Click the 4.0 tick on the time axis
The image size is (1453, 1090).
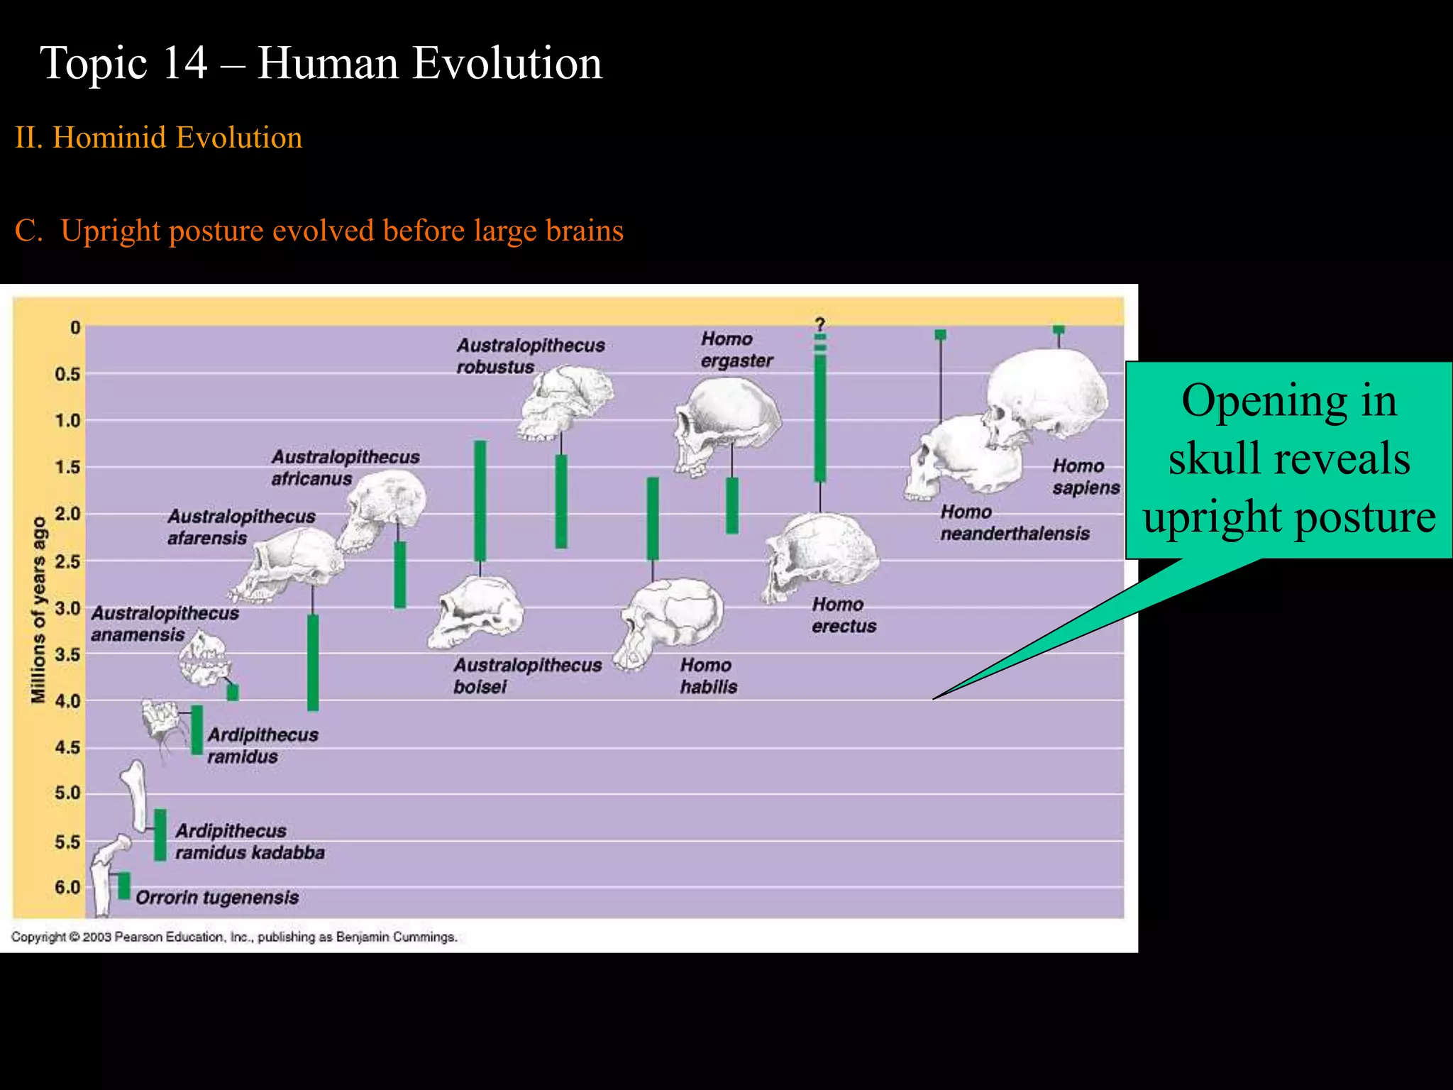tap(68, 701)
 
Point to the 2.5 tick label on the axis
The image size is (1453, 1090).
tap(68, 561)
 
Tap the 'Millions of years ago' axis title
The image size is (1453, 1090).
tap(38, 610)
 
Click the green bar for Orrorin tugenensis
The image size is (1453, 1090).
tap(124, 886)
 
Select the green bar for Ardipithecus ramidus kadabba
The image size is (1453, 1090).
tap(160, 835)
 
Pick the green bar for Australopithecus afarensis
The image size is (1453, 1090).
tap(313, 662)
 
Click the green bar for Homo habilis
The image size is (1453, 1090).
tap(653, 519)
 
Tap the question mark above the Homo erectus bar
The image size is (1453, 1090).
tap(820, 324)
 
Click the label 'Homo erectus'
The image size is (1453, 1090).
tap(844, 615)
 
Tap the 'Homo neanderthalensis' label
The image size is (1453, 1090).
tap(1015, 522)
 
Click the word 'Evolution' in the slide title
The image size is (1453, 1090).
tap(507, 63)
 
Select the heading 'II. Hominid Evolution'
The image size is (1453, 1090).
tap(159, 138)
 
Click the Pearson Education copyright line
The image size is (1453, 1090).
tap(233, 937)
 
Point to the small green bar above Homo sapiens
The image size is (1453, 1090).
tap(1059, 329)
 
